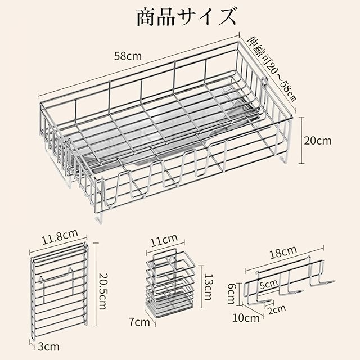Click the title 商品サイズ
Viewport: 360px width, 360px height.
[185, 17]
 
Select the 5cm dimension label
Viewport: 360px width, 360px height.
[268, 285]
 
